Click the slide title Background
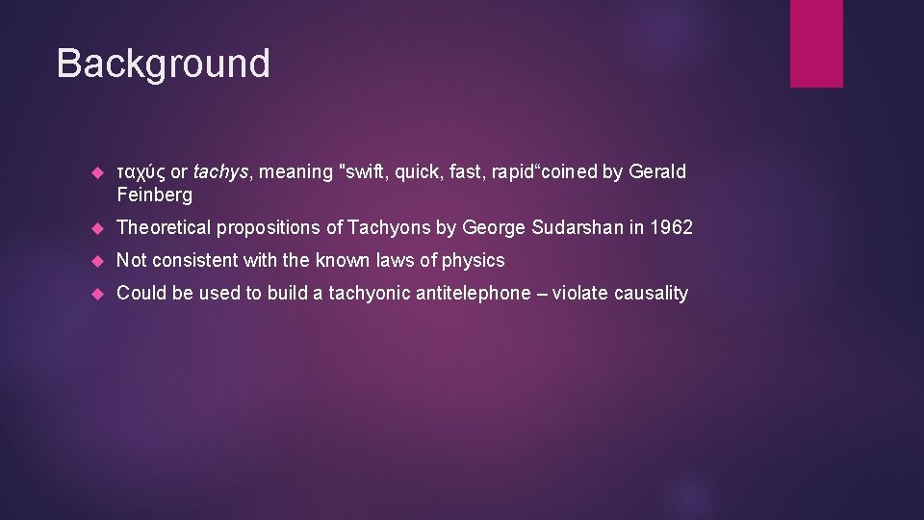click(x=163, y=64)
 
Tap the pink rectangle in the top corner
click(x=816, y=42)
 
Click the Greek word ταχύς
click(x=141, y=172)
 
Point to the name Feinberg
click(x=154, y=195)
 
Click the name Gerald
click(x=657, y=172)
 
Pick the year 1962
click(x=671, y=228)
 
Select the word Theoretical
click(x=164, y=228)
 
